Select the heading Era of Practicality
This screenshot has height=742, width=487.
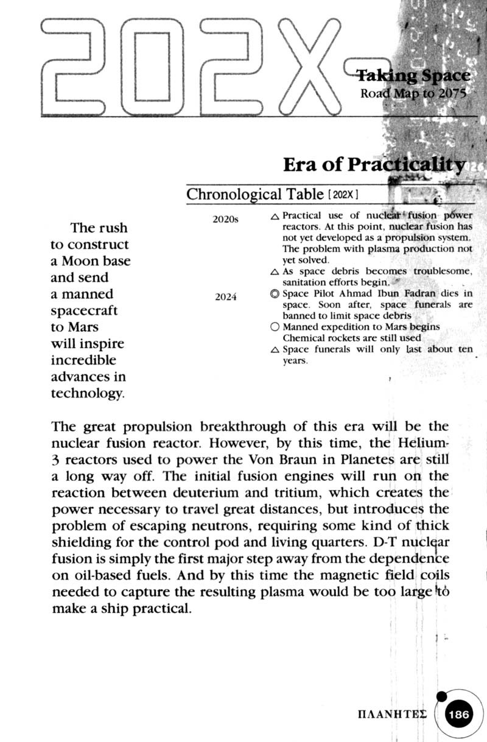pos(375,164)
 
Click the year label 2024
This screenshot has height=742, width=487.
pos(226,298)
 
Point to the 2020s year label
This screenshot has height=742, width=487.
pos(225,219)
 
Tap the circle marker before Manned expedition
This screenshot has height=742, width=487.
pos(275,327)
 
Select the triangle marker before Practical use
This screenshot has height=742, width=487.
pos(275,216)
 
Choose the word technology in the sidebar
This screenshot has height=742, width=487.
pos(86,393)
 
